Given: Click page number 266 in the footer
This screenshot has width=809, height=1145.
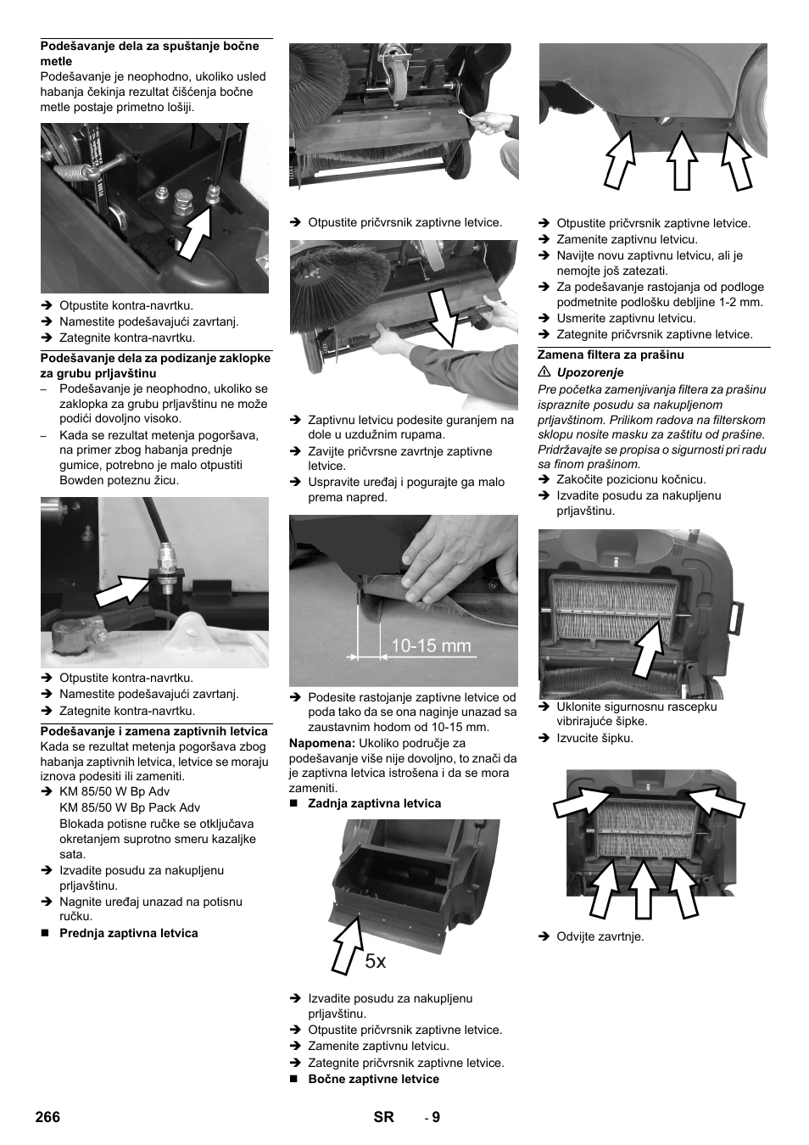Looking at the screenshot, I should click(x=48, y=1117).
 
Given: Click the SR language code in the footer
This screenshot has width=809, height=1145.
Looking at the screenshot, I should click(x=384, y=1117).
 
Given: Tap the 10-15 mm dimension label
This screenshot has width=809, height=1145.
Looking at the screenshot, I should click(x=430, y=645).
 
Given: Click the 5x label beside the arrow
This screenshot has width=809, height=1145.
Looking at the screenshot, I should click(x=376, y=961).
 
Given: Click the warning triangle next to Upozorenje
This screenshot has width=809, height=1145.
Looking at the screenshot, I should click(x=544, y=372).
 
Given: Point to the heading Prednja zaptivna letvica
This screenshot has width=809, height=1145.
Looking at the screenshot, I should click(x=128, y=933).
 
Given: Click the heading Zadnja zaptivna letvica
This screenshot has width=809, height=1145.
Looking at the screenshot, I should click(x=374, y=803).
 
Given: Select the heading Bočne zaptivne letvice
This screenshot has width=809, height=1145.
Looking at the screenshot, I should click(x=373, y=1079).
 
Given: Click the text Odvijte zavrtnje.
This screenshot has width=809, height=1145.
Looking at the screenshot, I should click(x=600, y=936).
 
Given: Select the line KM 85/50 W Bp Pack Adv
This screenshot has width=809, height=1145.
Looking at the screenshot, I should click(x=130, y=807).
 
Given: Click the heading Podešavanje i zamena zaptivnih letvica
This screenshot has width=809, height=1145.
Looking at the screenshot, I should click(x=154, y=731).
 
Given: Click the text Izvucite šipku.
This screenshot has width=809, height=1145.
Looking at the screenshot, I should click(x=594, y=738).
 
